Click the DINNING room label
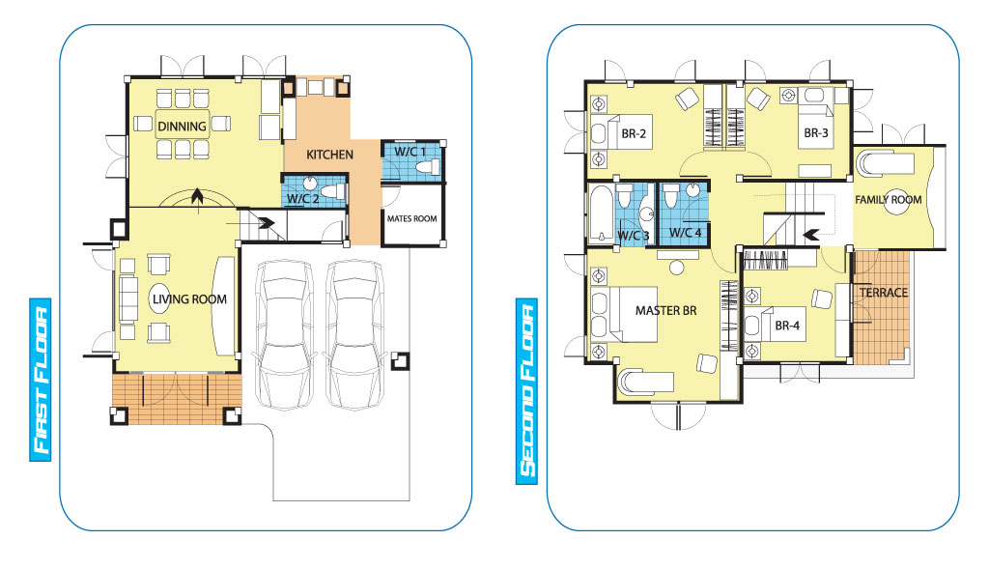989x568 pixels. point(182,127)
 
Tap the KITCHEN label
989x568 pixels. point(329,155)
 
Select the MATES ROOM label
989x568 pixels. point(411,219)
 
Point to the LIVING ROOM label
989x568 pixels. point(189,299)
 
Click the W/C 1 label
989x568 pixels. point(410,152)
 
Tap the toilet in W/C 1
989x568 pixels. point(429,167)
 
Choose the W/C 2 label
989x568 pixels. point(302,199)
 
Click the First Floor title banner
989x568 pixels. point(41,380)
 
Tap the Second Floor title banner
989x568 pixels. point(526,391)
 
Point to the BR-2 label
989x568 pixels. point(634,134)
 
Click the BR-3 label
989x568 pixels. point(815,133)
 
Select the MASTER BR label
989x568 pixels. point(666,310)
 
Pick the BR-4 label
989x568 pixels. point(787,326)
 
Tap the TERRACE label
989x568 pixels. point(884,293)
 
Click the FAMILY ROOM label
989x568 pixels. point(889,200)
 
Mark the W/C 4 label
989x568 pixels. point(685,233)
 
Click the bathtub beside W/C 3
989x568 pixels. point(601,213)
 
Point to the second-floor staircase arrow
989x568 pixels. point(811,235)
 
